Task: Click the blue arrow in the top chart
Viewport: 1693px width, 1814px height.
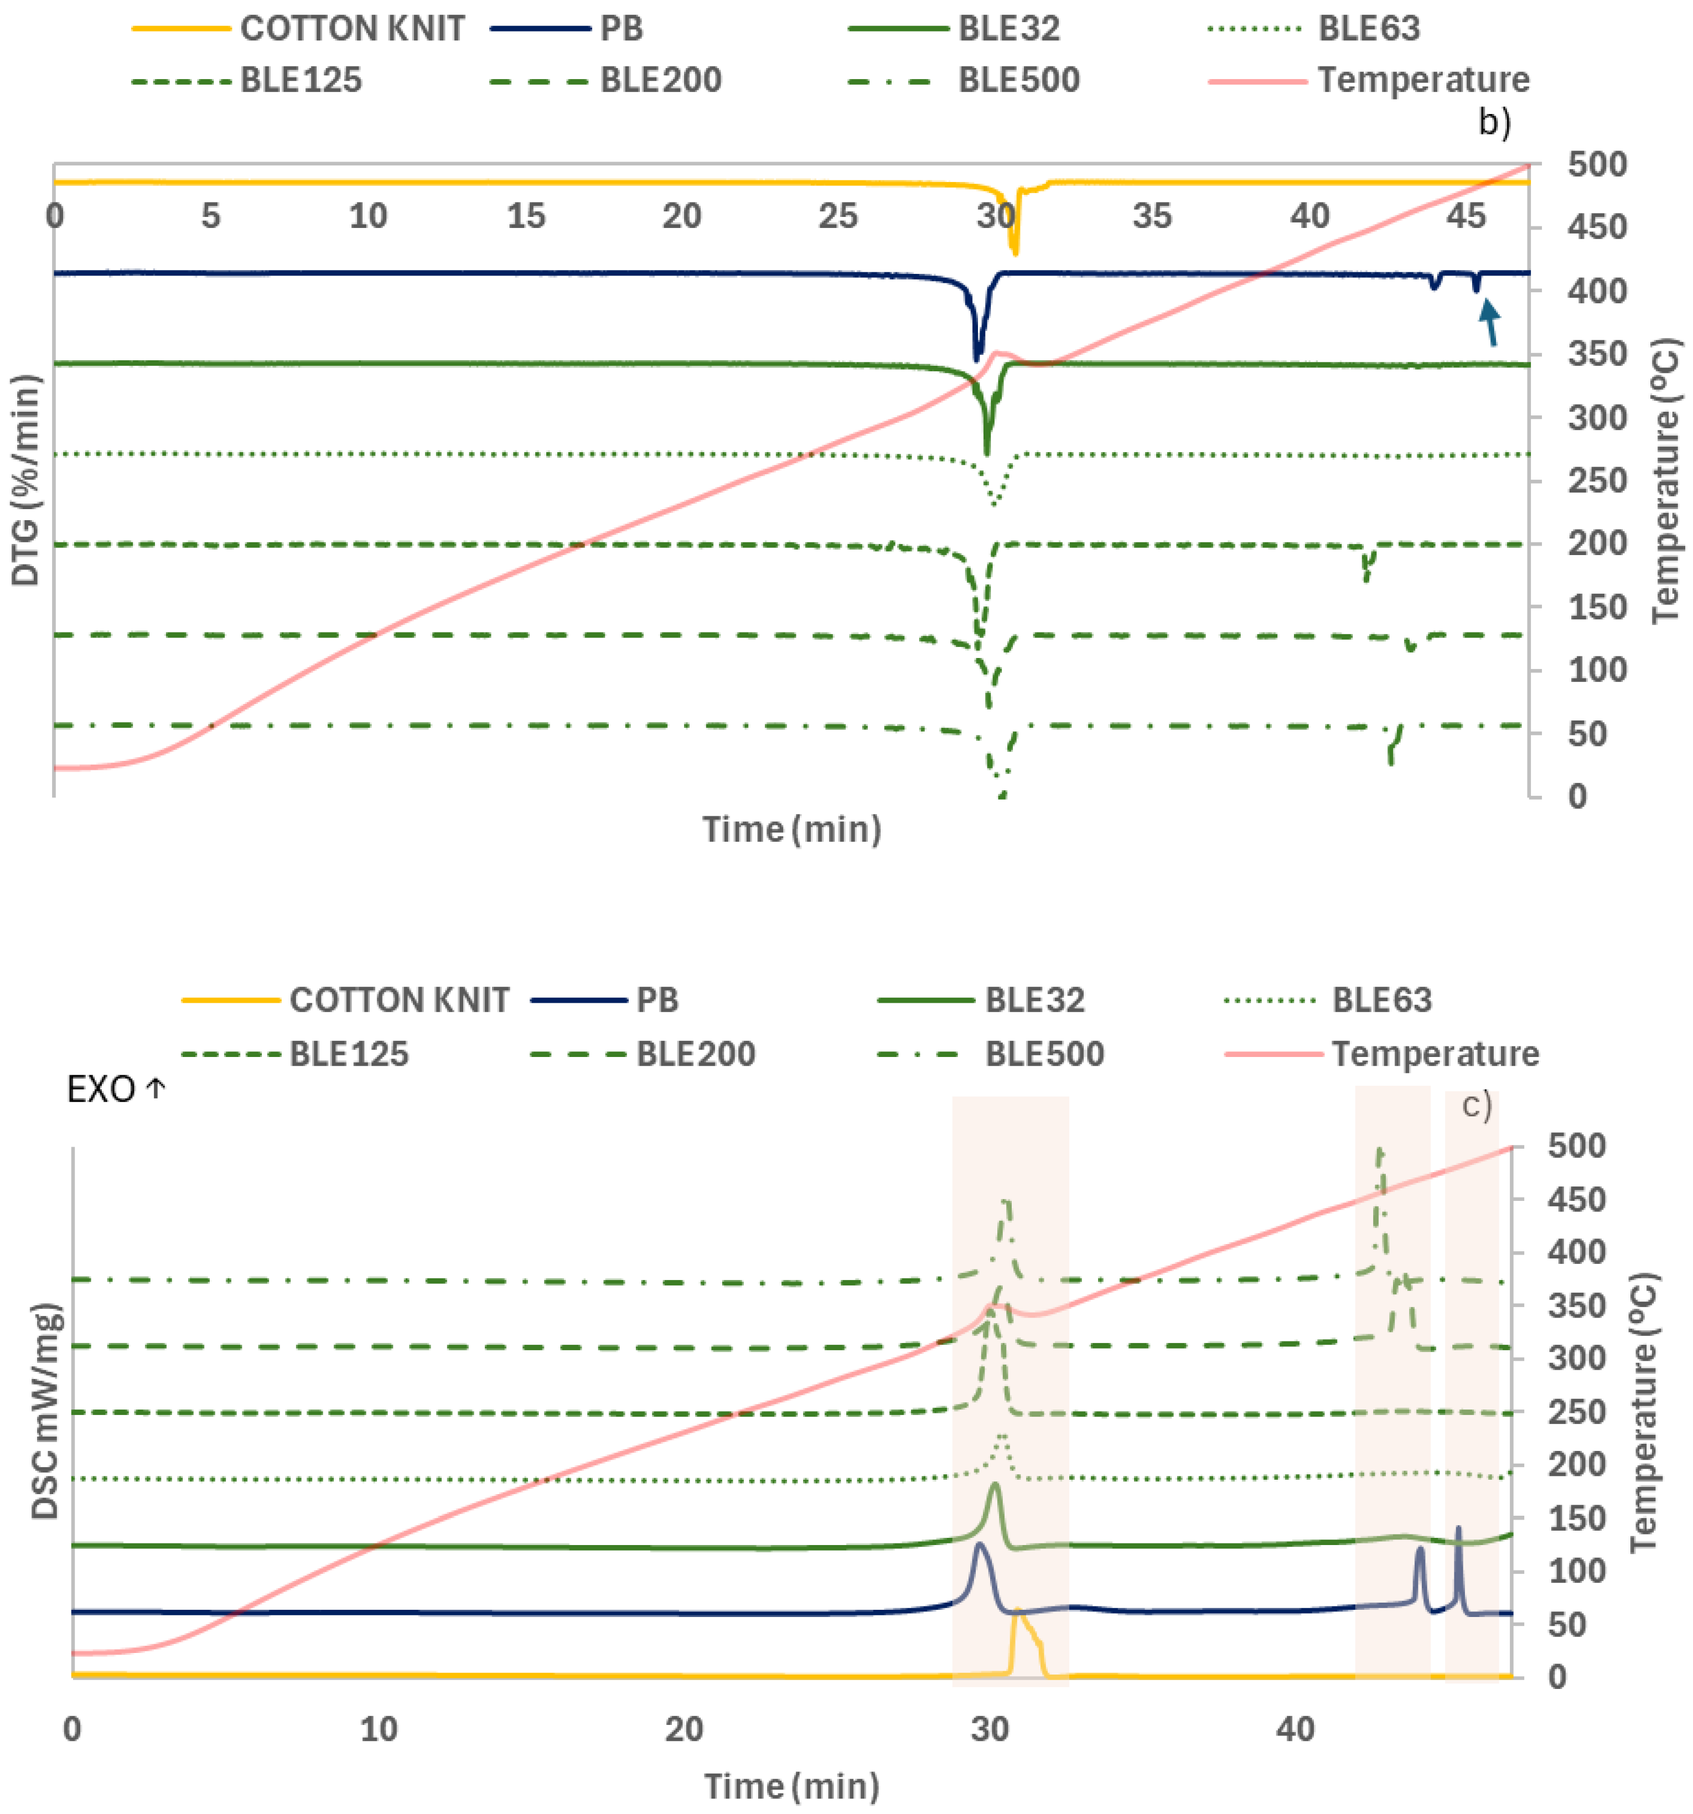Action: tap(1489, 324)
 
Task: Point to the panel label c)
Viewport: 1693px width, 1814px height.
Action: tap(1476, 1105)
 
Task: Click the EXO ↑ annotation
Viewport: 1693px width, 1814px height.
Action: tap(116, 1089)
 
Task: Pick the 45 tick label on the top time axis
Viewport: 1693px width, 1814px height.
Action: tap(1466, 216)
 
